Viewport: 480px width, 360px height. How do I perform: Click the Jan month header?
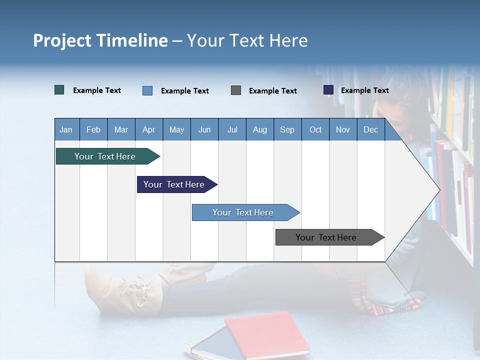tap(66, 129)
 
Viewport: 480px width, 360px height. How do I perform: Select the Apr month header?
tap(148, 129)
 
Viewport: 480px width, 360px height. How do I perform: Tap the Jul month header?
tap(232, 129)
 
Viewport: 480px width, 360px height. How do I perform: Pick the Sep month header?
tap(287, 129)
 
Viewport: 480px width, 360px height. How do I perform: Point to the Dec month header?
tap(370, 129)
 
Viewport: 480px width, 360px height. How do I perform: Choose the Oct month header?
tap(315, 129)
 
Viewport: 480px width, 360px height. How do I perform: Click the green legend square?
tap(59, 90)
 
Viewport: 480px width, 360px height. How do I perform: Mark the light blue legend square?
tap(147, 90)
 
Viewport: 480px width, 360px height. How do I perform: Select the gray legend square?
tap(236, 90)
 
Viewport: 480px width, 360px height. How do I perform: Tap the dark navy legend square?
tap(328, 90)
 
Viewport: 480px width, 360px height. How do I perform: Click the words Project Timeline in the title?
tap(100, 40)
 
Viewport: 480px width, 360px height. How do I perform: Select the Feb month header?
tap(93, 129)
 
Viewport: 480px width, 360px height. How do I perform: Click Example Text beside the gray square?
tap(272, 91)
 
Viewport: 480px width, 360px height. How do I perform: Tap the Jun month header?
tap(204, 129)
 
